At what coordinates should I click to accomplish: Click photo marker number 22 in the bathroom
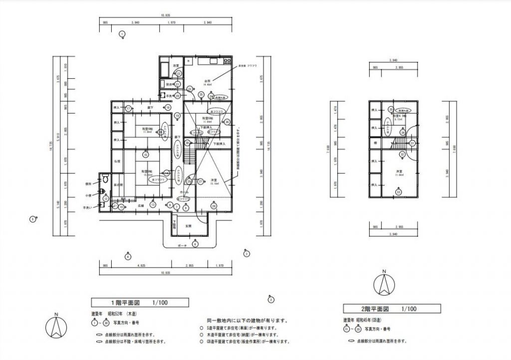pyautogui.click(x=179, y=73)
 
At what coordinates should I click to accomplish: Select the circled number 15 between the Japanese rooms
pyautogui.click(x=145, y=155)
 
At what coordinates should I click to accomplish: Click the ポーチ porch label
pyautogui.click(x=182, y=246)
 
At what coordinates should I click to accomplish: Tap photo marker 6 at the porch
pyautogui.click(x=195, y=244)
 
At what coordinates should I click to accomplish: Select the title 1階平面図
pyautogui.click(x=140, y=302)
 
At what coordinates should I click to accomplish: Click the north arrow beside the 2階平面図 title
pyautogui.click(x=384, y=285)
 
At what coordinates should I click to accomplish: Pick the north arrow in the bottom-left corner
pyautogui.click(x=56, y=327)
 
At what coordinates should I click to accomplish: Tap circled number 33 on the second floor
pyautogui.click(x=398, y=192)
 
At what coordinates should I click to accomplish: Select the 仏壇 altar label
pyautogui.click(x=116, y=162)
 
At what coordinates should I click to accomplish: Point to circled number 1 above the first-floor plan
pyautogui.click(x=122, y=34)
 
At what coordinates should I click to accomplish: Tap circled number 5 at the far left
pyautogui.click(x=32, y=218)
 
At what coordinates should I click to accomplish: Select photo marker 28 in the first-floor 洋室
pyautogui.click(x=214, y=205)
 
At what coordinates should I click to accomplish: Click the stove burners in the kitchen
pyautogui.click(x=227, y=61)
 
